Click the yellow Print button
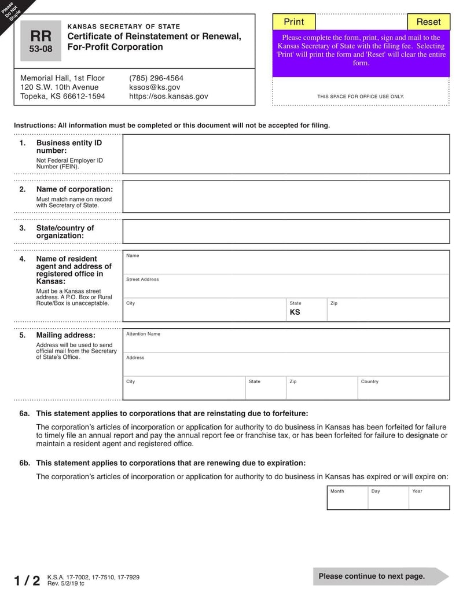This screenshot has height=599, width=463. pos(293,22)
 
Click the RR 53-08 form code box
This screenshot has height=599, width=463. pos(41,41)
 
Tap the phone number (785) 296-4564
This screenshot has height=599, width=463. pos(156,78)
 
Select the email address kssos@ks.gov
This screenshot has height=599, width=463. pos(150,87)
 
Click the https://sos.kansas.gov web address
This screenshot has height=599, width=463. pos(168,97)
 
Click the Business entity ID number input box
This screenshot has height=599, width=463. pos(286,154)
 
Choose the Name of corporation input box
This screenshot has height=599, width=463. pos(286,197)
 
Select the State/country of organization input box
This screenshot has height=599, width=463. pos(286,231)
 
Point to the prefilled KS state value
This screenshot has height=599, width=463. pos(295,312)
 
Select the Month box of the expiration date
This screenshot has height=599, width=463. pos(347,498)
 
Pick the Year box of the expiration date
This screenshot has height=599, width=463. pos(429,498)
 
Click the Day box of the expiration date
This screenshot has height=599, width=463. pos(388,498)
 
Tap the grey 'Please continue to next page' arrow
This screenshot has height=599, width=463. pos(380,576)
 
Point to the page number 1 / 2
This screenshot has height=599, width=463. pos(27,580)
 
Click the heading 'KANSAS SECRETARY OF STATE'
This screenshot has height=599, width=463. pos(124,27)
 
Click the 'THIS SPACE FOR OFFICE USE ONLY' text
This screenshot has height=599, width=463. pos(361,97)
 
